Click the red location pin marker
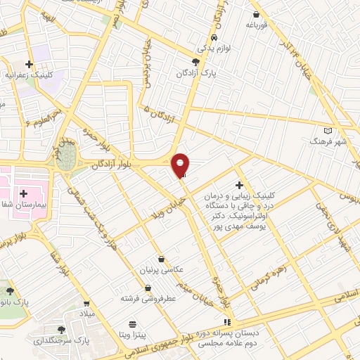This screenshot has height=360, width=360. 180,165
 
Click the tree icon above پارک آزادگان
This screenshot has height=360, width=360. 205,61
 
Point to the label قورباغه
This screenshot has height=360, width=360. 257,25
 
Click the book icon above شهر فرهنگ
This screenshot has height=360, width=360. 327,131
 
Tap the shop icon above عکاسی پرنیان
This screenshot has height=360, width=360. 162,259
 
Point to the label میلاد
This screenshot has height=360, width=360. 86,312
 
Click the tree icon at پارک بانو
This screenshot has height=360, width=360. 9,290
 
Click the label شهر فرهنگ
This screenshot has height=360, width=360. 328,141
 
